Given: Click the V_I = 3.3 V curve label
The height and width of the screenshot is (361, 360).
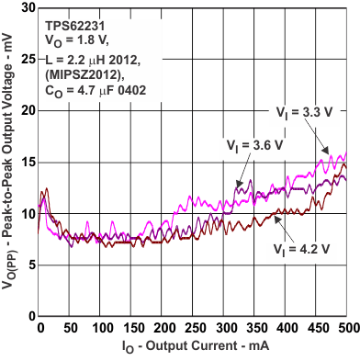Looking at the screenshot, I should click(300, 112).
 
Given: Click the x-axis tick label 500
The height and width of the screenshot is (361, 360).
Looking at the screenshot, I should click(348, 328).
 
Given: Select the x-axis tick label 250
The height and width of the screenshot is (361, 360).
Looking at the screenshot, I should click(194, 328).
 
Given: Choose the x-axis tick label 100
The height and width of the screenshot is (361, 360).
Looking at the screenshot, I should click(101, 328).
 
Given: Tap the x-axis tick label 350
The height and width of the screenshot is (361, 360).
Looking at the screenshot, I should click(255, 328).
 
